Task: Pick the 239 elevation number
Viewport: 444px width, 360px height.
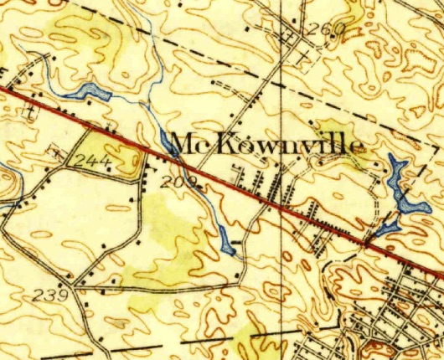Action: [53, 295]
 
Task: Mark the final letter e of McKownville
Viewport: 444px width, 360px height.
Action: [359, 147]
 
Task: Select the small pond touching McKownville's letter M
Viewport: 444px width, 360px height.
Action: [165, 141]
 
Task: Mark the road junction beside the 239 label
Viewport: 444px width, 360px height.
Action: [75, 289]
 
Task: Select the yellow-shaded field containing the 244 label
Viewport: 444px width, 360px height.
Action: [113, 155]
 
